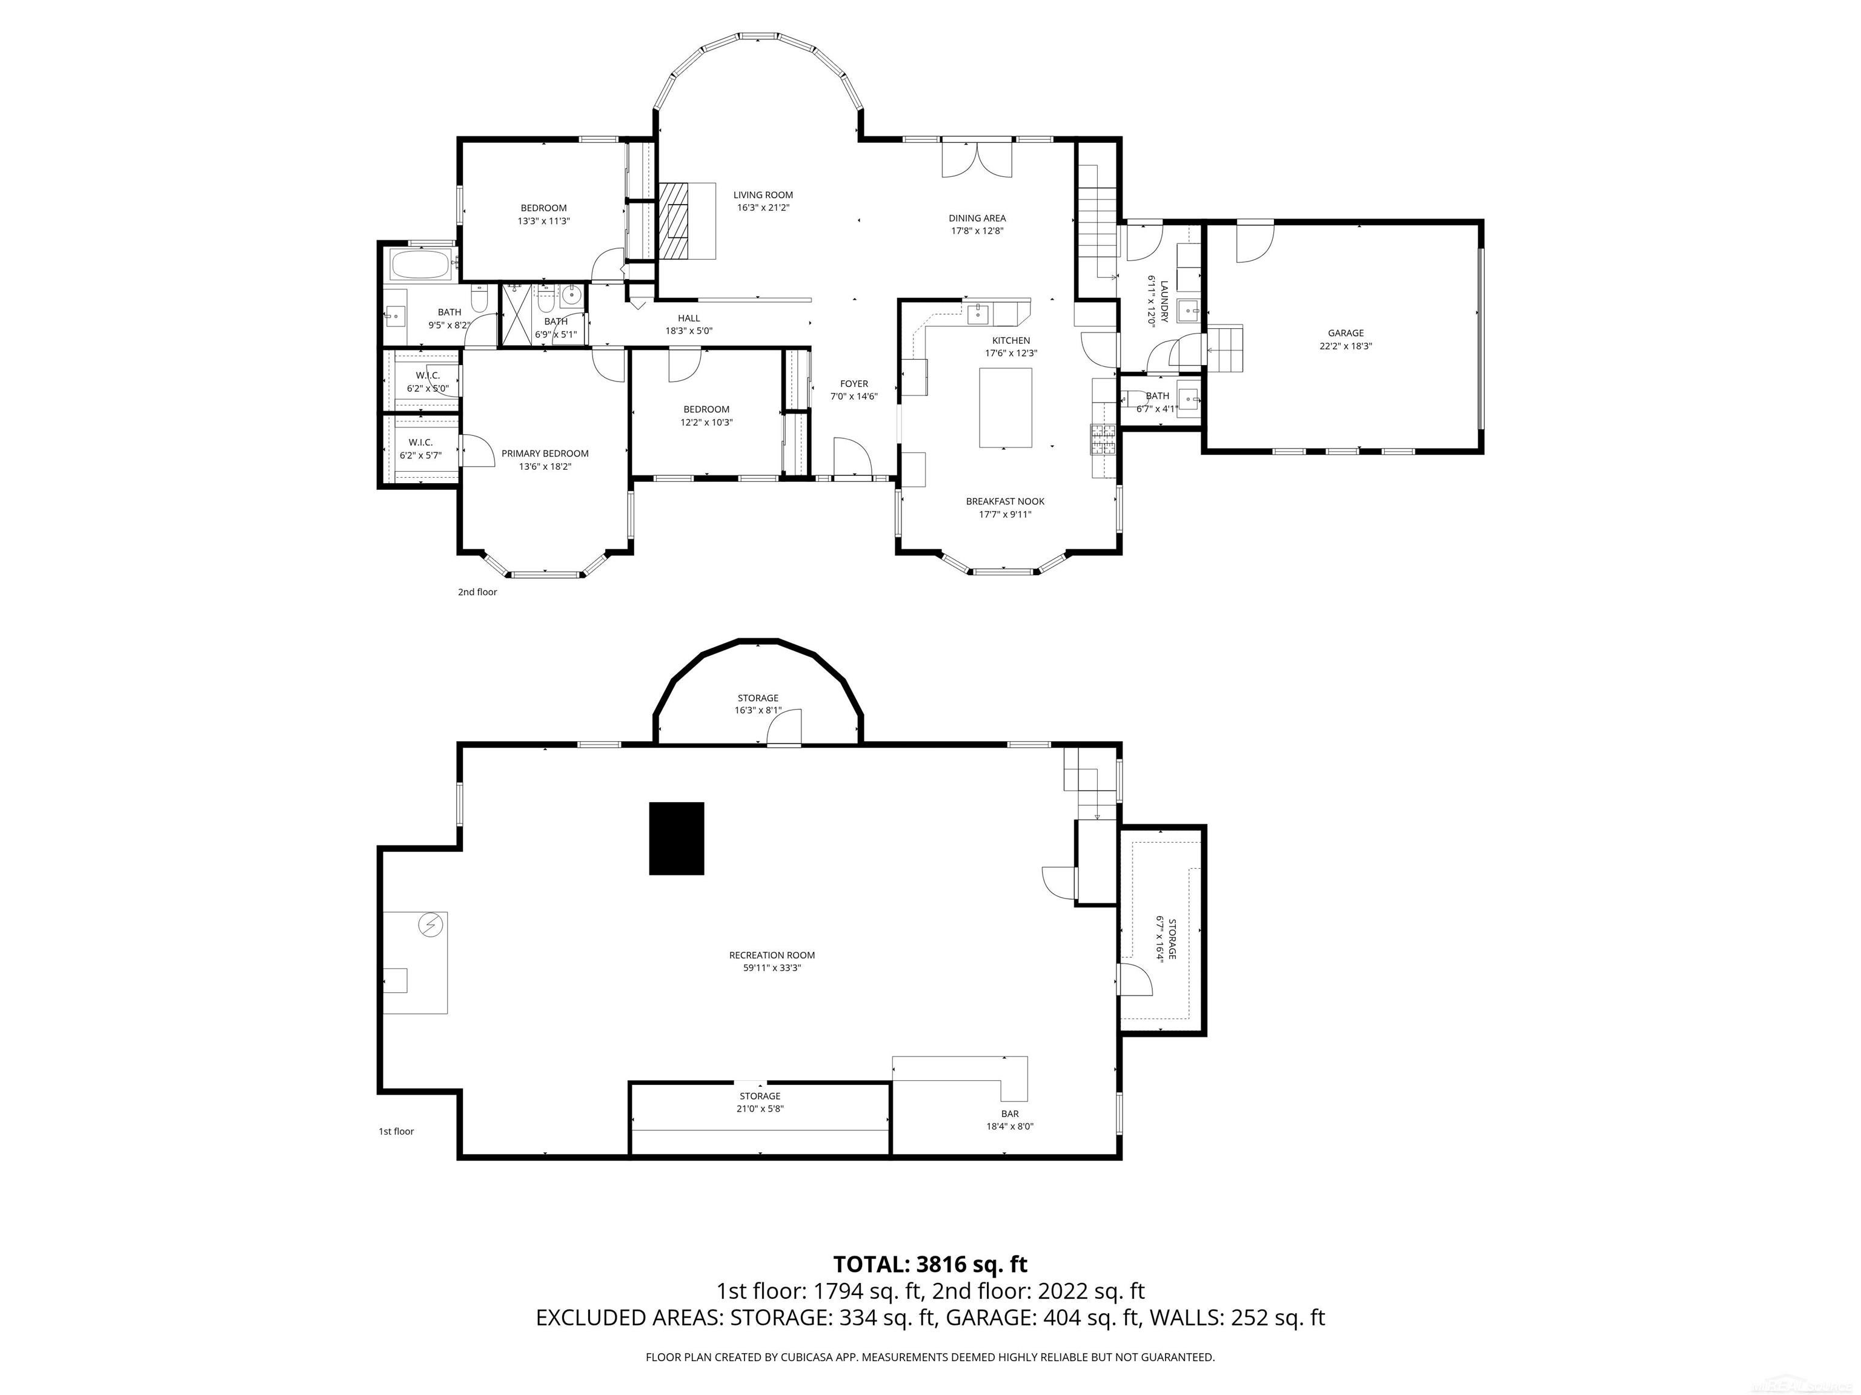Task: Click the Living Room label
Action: [x=763, y=195]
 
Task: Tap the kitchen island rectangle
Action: [x=1006, y=408]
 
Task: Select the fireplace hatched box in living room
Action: [x=673, y=220]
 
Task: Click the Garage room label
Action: [x=1346, y=333]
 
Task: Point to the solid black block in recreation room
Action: [x=677, y=839]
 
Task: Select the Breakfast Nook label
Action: [x=1006, y=502]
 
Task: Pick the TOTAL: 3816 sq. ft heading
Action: [x=930, y=1264]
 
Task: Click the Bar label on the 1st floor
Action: [x=1010, y=1114]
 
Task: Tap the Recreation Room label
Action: [x=772, y=955]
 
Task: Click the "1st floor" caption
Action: [x=396, y=1131]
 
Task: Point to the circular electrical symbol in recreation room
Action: [x=430, y=925]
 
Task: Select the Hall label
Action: [x=689, y=318]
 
